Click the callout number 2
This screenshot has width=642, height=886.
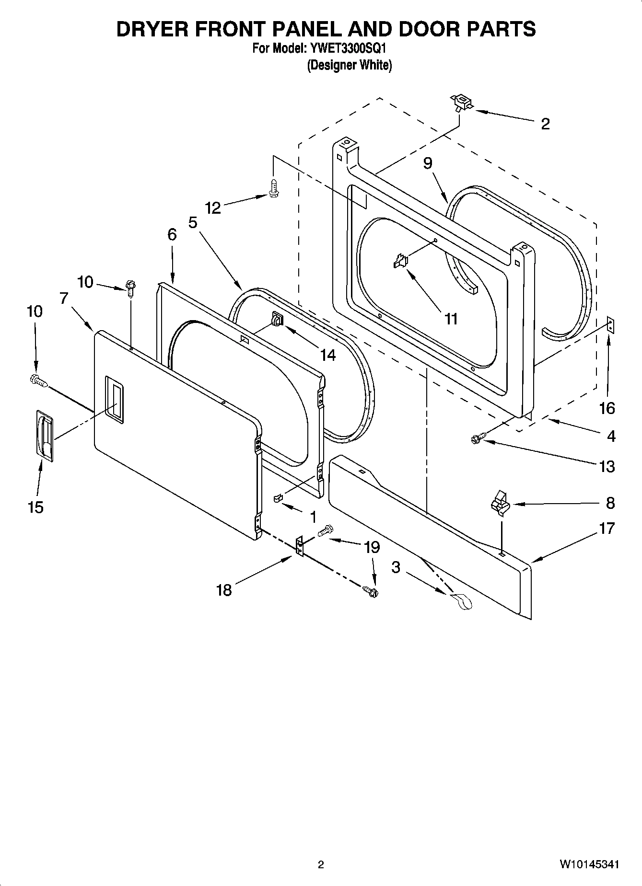[545, 124]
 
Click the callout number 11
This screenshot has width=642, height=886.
[451, 319]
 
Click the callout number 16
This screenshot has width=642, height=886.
[607, 408]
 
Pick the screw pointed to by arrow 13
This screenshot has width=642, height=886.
[478, 437]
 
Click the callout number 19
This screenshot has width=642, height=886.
[372, 547]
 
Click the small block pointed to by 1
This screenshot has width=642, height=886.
[278, 498]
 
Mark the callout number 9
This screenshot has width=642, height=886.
[428, 163]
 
